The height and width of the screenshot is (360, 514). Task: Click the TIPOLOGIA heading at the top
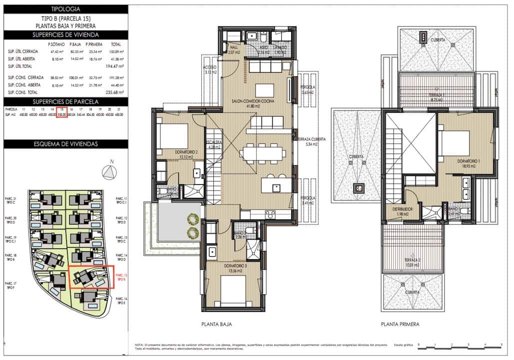65,9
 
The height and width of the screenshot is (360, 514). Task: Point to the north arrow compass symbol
108,171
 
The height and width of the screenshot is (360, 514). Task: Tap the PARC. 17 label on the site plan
10,284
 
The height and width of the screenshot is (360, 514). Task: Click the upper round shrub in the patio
192,218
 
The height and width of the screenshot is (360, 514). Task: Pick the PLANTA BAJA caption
216,324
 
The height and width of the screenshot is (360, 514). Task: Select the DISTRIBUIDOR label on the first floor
402,209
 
